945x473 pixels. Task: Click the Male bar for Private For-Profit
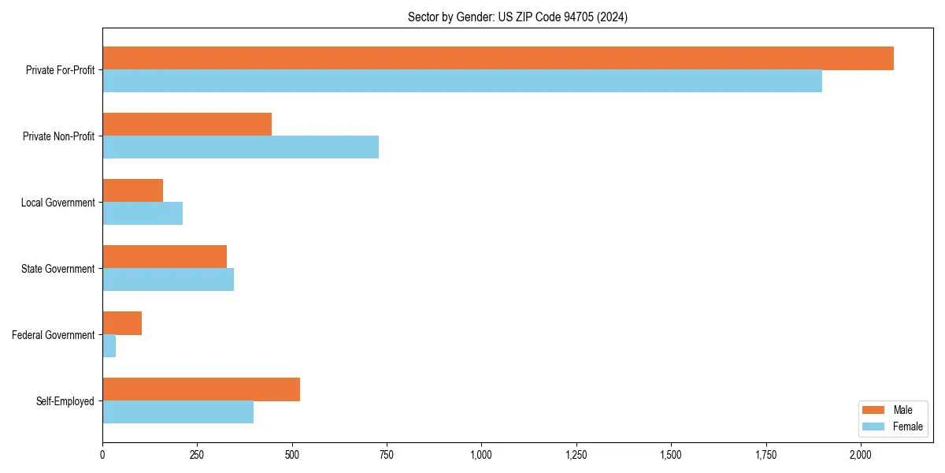tap(498, 58)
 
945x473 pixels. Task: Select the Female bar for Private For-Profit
tap(462, 81)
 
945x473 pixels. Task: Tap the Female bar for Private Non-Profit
tap(240, 147)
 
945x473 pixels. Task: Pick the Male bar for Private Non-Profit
tap(187, 125)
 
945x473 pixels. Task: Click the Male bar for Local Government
tap(132, 191)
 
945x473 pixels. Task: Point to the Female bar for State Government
tap(168, 280)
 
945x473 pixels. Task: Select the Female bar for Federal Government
tap(109, 346)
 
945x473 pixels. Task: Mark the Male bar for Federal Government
tap(122, 323)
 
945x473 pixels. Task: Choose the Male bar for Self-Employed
tap(201, 389)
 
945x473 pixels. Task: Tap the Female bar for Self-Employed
tap(178, 412)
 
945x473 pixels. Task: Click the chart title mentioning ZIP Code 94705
tap(517, 17)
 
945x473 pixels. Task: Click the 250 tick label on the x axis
tap(197, 455)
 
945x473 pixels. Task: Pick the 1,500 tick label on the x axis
tap(671, 455)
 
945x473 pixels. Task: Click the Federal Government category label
tap(54, 335)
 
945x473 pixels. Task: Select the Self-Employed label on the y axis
tap(65, 401)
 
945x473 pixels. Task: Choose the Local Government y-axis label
tap(57, 203)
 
